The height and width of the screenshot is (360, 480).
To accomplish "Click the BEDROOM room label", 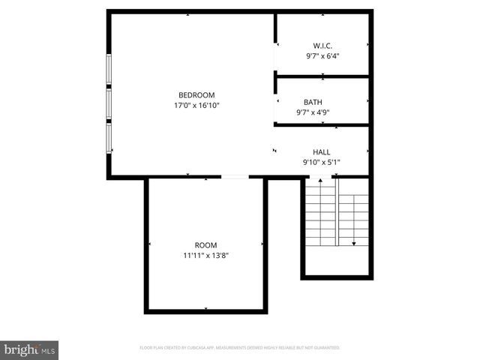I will click(x=196, y=95).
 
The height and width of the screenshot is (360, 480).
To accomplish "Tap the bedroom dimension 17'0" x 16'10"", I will click(x=196, y=106).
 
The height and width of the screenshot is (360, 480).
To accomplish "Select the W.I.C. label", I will click(x=322, y=46).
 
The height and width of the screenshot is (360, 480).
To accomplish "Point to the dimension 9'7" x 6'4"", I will click(x=322, y=56).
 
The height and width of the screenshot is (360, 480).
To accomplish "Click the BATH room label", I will click(x=313, y=102).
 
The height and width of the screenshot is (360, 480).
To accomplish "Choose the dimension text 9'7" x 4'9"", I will click(x=313, y=112).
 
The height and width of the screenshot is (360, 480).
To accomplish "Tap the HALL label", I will click(x=321, y=152).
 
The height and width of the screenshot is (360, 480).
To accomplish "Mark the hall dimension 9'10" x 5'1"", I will click(x=321, y=163).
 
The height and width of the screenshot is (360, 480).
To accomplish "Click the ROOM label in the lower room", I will click(x=205, y=245).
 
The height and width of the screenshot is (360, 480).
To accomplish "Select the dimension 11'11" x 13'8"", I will click(x=205, y=256).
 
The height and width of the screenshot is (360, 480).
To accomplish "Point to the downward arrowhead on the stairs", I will click(x=353, y=243).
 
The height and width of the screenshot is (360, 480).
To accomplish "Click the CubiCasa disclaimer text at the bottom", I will click(x=240, y=348).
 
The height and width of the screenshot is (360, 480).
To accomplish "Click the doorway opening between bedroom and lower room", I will click(x=235, y=177).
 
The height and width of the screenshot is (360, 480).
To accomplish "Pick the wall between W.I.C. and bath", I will click(x=322, y=76).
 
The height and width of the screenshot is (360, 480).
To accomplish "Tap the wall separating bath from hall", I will click(x=322, y=124).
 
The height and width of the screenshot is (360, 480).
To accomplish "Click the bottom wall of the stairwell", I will click(x=337, y=277).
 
